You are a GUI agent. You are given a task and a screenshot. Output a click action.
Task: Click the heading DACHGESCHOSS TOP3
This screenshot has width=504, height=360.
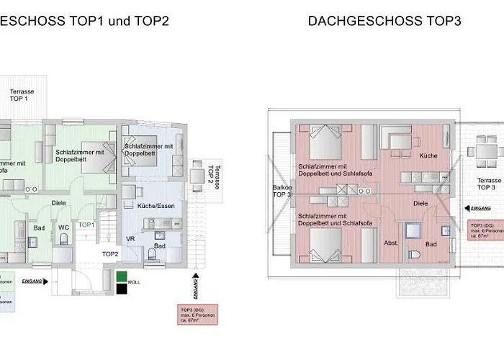pos(384,21)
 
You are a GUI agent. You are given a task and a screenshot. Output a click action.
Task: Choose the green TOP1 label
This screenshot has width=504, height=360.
pos(87,225)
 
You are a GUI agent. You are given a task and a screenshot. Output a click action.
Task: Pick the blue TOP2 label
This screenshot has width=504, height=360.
pos(109,253)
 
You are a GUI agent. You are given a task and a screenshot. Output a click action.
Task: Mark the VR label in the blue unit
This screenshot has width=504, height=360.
pos(131,238)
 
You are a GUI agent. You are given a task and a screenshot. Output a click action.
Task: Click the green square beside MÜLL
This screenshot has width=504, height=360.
pos(121,276)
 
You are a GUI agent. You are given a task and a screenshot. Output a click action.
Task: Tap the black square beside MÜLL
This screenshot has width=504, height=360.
pos(121,289)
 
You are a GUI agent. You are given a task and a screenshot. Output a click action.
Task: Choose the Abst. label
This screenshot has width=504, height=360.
pos(392,242)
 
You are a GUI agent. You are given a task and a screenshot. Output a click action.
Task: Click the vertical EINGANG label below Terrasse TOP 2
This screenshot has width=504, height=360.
pos(194,287)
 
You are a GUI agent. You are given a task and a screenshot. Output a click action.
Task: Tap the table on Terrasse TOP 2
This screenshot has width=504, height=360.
pos(197,174)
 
